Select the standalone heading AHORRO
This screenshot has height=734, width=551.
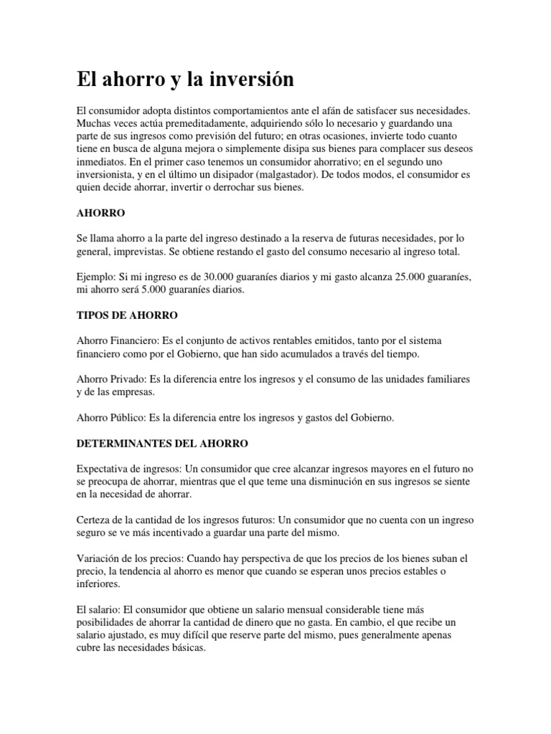click(x=101, y=213)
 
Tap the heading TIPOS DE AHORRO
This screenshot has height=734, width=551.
click(x=127, y=315)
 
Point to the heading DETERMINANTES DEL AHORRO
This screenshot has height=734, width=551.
click(x=162, y=444)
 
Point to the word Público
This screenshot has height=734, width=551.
click(x=129, y=417)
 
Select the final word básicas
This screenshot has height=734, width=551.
click(x=187, y=648)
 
